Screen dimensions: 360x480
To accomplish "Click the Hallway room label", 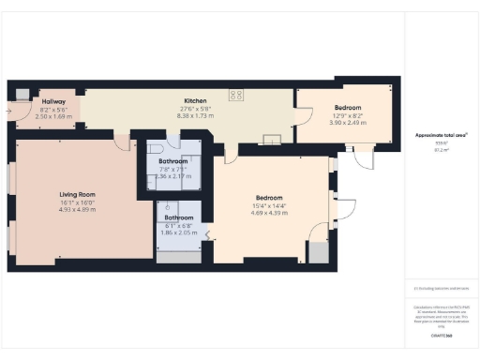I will point(52,101).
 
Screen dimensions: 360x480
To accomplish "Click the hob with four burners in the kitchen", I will point(237,94).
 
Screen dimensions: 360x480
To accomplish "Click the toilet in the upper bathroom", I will point(155,147).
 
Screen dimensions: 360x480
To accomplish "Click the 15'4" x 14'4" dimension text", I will point(270,204).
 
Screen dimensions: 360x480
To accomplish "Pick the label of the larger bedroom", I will point(270,197).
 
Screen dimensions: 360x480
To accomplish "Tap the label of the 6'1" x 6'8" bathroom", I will point(178,217).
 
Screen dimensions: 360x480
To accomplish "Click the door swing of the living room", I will point(121,142).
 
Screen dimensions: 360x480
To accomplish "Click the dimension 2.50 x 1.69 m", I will point(52,116).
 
